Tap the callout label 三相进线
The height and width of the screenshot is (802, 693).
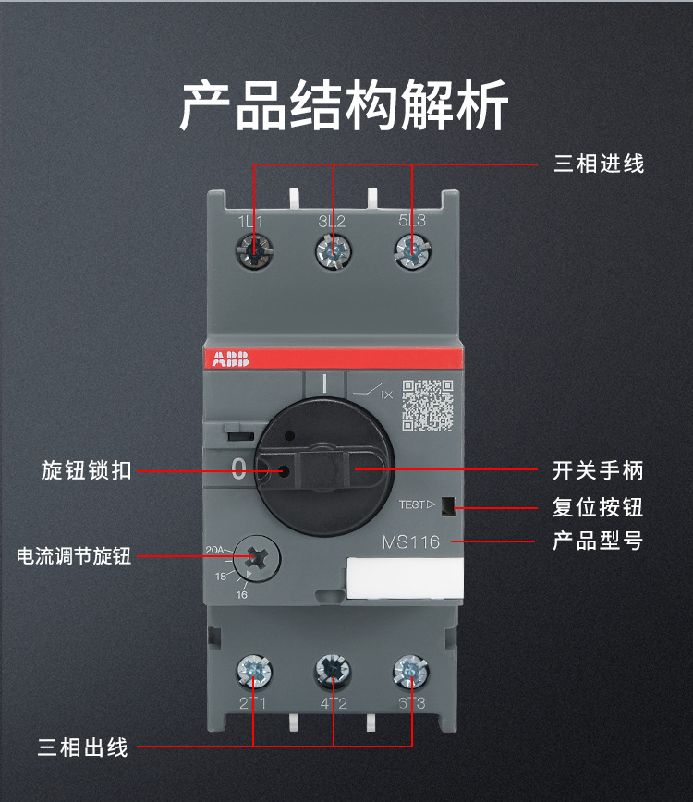[x=598, y=164]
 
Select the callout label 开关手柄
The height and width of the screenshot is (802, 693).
[x=597, y=470]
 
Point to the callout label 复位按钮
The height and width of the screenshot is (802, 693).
[x=597, y=506]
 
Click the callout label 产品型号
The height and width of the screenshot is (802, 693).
[x=597, y=541]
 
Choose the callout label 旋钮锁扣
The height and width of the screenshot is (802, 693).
[x=86, y=470]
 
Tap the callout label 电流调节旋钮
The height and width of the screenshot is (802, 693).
[x=74, y=556]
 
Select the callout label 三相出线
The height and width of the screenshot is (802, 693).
[x=83, y=747]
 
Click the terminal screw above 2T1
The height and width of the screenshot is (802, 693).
[x=253, y=670]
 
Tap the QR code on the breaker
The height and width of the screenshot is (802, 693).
[x=427, y=405]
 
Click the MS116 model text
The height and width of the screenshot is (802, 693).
[x=411, y=542]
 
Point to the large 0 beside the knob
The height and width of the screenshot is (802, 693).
[x=238, y=468]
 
